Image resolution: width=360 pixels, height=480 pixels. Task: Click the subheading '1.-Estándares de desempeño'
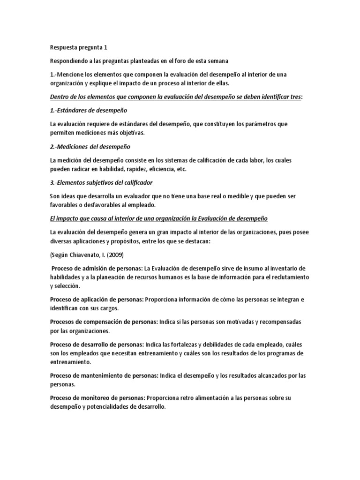click(x=88, y=110)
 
